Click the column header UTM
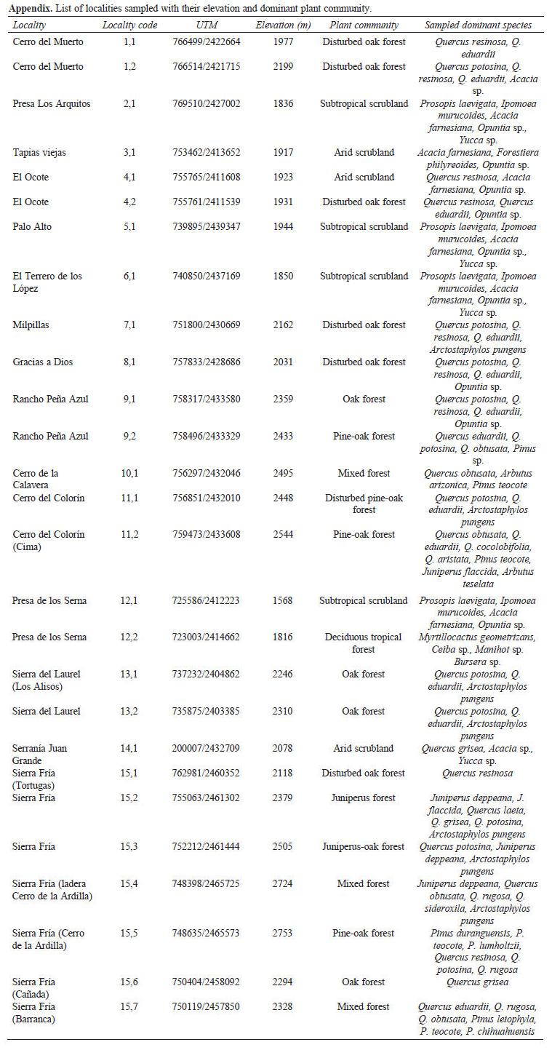pyautogui.click(x=207, y=25)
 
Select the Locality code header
pyautogui.click(x=129, y=25)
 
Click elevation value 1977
pyautogui.click(x=284, y=42)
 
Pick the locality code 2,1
pyautogui.click(x=129, y=104)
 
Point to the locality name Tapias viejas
pyautogui.click(x=41, y=153)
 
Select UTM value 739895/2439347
pyautogui.click(x=208, y=227)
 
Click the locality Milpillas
pyautogui.click(x=31, y=325)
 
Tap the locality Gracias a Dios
pyautogui.click(x=43, y=362)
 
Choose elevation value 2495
pyautogui.click(x=284, y=474)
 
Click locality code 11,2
pyautogui.click(x=129, y=535)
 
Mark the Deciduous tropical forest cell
pyautogui.click(x=364, y=643)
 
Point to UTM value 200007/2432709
pyautogui.click(x=208, y=749)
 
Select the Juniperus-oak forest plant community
pyautogui.click(x=364, y=847)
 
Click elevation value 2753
pyautogui.click(x=284, y=934)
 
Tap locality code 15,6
pyautogui.click(x=129, y=982)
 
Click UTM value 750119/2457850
pyautogui.click(x=208, y=1007)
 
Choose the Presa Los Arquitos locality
pyautogui.click(x=52, y=104)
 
